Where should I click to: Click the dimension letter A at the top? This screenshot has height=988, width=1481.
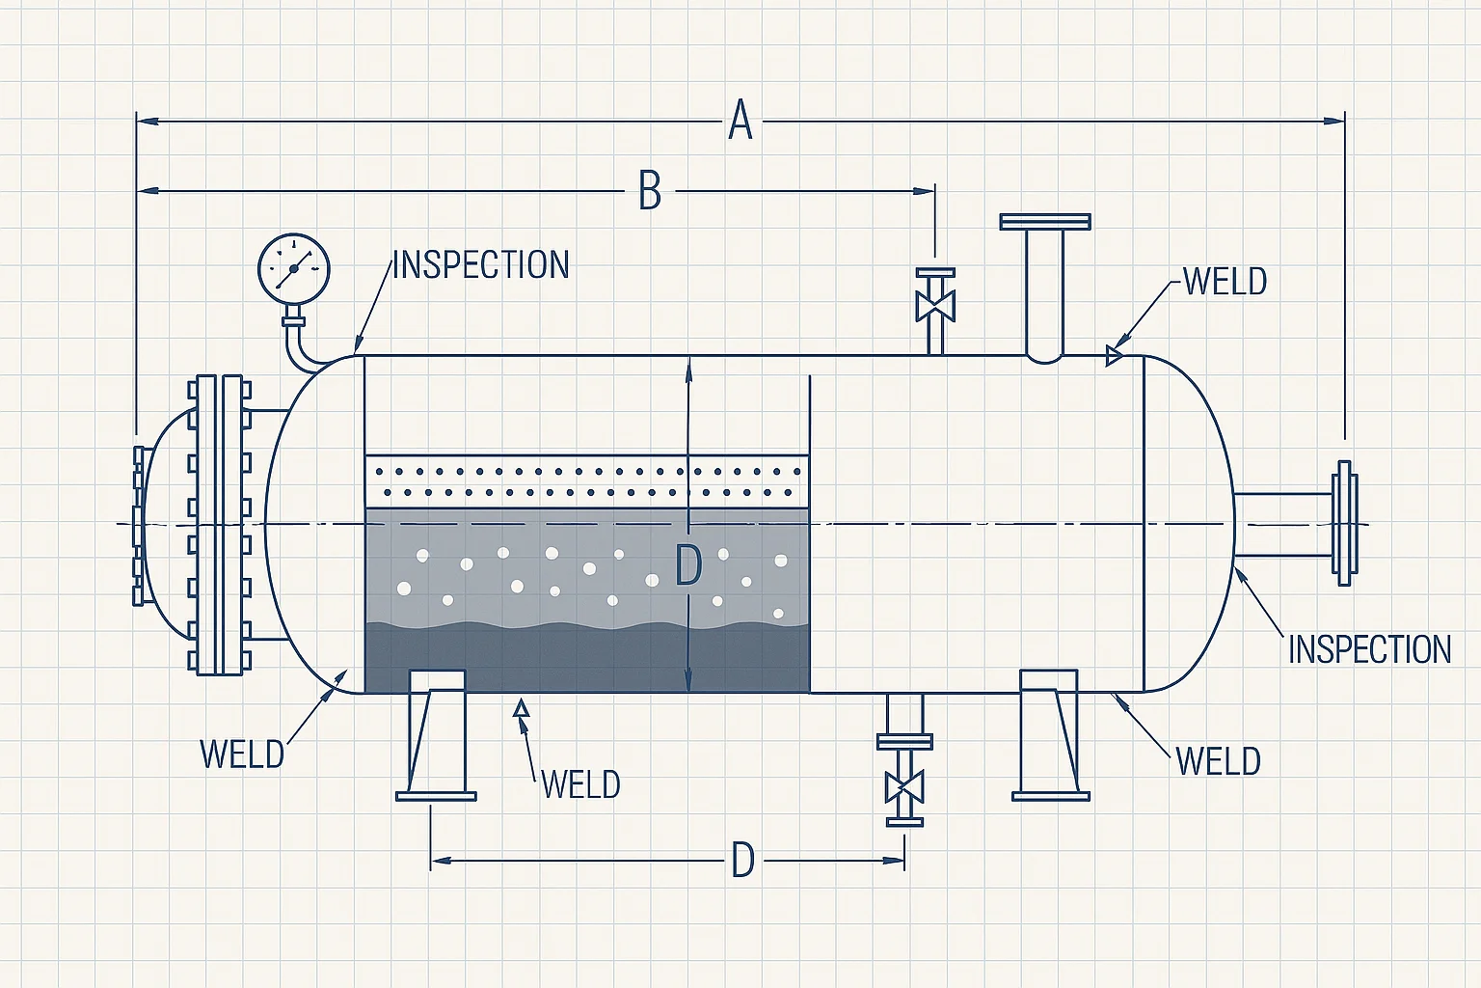pyautogui.click(x=740, y=121)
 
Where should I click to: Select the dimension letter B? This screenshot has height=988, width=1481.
pyautogui.click(x=650, y=190)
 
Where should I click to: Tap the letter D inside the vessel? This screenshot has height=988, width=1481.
pyautogui.click(x=687, y=565)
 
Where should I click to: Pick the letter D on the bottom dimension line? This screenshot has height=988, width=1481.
pyautogui.click(x=741, y=860)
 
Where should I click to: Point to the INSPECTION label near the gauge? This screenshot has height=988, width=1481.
pyautogui.click(x=480, y=265)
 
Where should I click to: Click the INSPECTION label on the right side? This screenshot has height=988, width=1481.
pyautogui.click(x=1369, y=649)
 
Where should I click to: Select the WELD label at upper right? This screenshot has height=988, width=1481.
pyautogui.click(x=1225, y=282)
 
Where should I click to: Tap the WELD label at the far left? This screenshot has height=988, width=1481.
pyautogui.click(x=242, y=754)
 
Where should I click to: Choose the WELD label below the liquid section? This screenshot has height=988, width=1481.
pyautogui.click(x=580, y=784)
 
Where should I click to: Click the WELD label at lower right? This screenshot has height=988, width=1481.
pyautogui.click(x=1219, y=761)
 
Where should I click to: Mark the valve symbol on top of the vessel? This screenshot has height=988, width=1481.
pyautogui.click(x=934, y=306)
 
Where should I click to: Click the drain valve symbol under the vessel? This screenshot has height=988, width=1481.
pyautogui.click(x=904, y=785)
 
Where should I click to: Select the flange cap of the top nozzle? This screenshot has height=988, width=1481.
pyautogui.click(x=1045, y=222)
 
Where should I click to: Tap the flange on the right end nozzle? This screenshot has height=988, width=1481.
pyautogui.click(x=1345, y=524)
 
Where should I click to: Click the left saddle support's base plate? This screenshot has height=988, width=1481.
pyautogui.click(x=436, y=796)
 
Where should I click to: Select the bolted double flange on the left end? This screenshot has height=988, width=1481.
pyautogui.click(x=220, y=524)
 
